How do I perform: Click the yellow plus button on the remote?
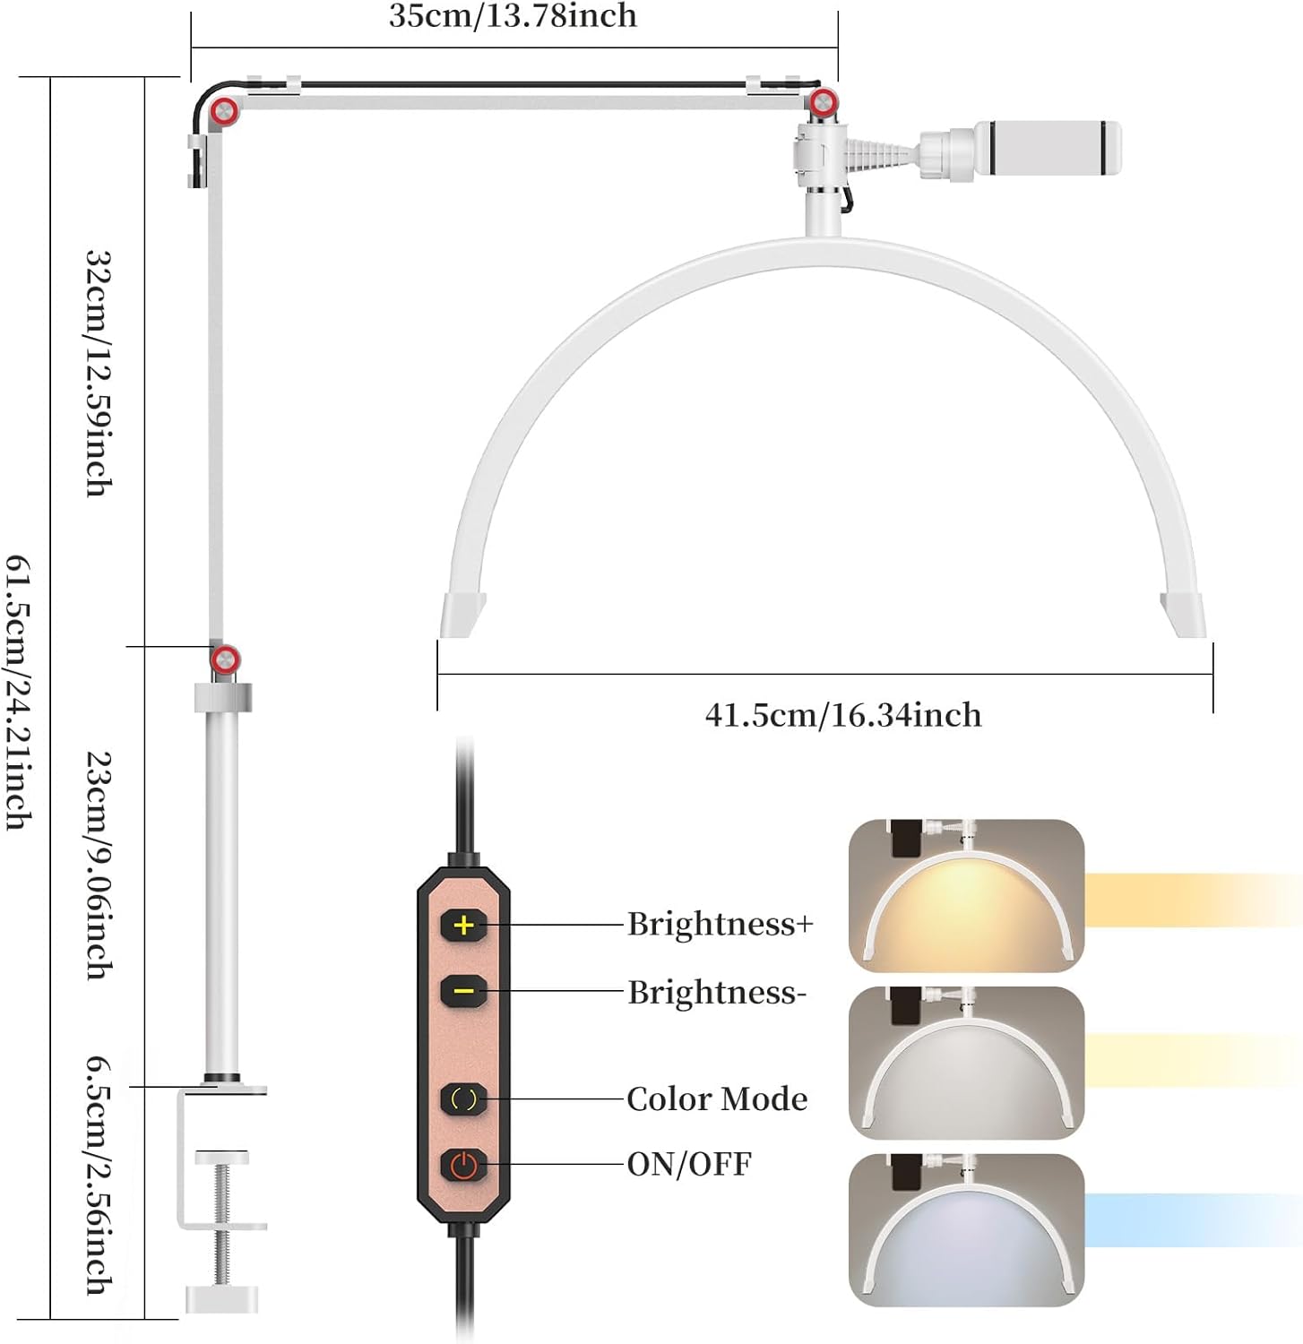(x=463, y=925)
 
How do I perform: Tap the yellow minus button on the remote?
(x=463, y=991)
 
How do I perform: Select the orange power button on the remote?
(x=463, y=1166)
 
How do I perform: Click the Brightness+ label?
(x=720, y=924)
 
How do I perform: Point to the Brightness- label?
(x=716, y=993)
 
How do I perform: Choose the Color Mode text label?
(x=717, y=1099)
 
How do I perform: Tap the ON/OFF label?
(x=689, y=1165)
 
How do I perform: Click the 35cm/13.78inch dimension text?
(x=513, y=16)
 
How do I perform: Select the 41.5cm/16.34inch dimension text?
(x=843, y=715)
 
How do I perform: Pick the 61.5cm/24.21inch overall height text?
(x=20, y=692)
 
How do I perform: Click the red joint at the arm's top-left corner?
(x=224, y=111)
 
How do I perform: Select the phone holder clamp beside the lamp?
(x=1048, y=147)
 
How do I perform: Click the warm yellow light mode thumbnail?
(x=966, y=896)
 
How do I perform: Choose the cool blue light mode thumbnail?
(x=966, y=1229)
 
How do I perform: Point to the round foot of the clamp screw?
(x=221, y=1298)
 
